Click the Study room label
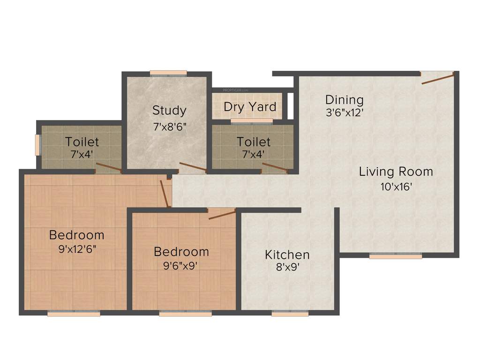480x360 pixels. (x=169, y=111)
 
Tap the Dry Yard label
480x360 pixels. (x=250, y=107)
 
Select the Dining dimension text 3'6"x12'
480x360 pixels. (x=344, y=112)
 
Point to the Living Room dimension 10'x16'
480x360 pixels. (x=396, y=187)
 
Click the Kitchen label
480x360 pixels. (x=287, y=255)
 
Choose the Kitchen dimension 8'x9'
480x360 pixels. (x=287, y=267)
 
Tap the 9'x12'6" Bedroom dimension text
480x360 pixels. (x=77, y=249)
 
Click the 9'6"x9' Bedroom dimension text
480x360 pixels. (x=181, y=265)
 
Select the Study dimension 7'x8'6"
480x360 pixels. (x=169, y=127)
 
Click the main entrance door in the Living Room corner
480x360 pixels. (x=437, y=77)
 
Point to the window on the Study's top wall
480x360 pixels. (x=168, y=73)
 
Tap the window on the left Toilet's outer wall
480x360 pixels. (x=38, y=145)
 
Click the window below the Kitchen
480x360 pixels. (x=290, y=314)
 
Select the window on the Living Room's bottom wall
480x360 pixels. (x=396, y=256)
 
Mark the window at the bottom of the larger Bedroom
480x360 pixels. (x=74, y=314)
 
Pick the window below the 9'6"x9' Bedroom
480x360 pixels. (x=185, y=314)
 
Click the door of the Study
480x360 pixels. (x=192, y=167)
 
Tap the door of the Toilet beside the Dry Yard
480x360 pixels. (x=274, y=168)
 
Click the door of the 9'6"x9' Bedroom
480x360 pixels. (x=222, y=214)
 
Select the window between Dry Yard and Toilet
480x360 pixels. (x=252, y=121)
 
